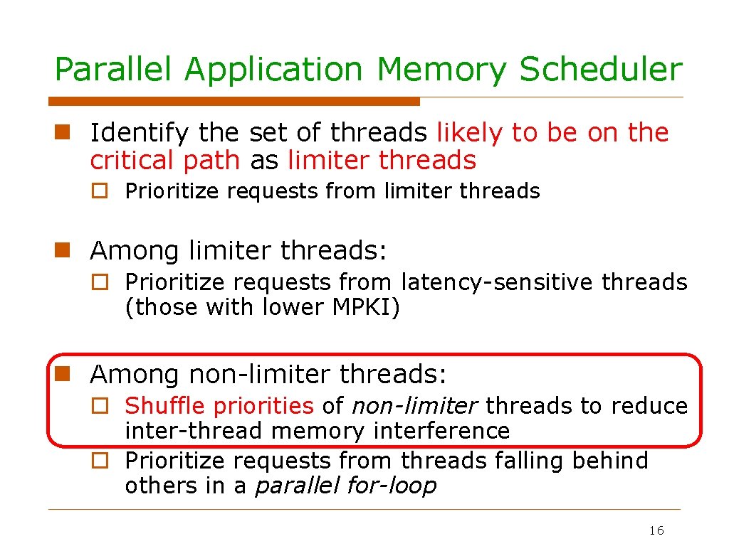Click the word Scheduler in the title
(x=601, y=70)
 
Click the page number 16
(x=656, y=531)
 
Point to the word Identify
(x=140, y=133)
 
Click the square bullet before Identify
(x=62, y=132)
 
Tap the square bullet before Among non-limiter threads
(x=62, y=373)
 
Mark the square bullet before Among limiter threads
(x=62, y=250)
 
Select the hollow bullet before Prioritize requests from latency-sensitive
(x=101, y=283)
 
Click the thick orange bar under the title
(x=234, y=102)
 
